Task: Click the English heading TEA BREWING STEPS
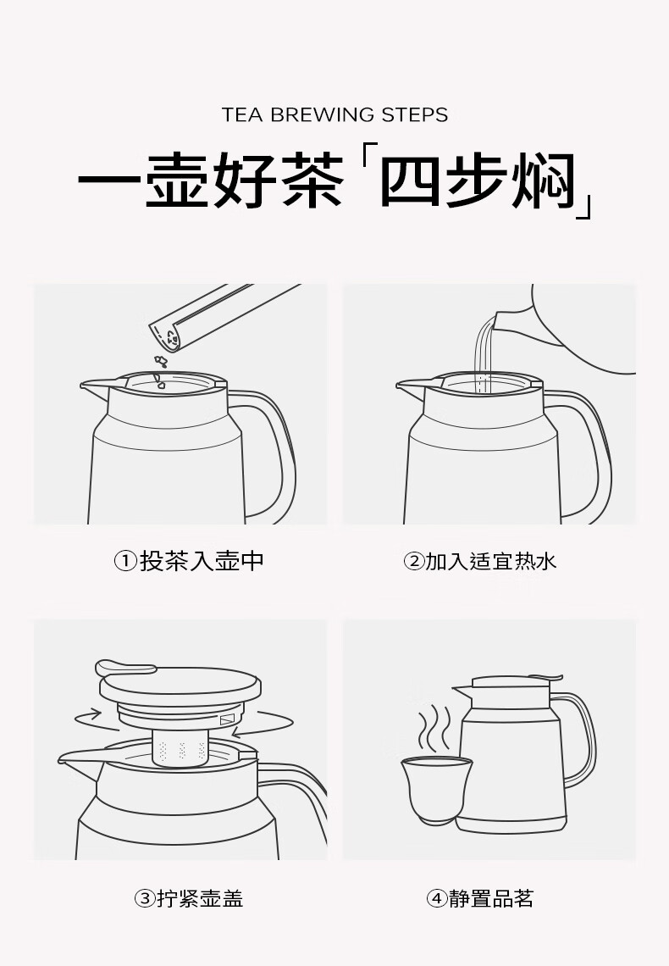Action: [x=334, y=114]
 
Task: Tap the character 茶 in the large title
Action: [x=312, y=180]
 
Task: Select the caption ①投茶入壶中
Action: [x=190, y=561]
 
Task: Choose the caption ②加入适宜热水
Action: [x=480, y=561]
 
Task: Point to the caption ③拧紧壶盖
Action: [x=189, y=898]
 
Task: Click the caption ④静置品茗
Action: [x=480, y=898]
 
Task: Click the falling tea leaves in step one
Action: [x=161, y=369]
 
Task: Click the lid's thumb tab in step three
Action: [x=123, y=668]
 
